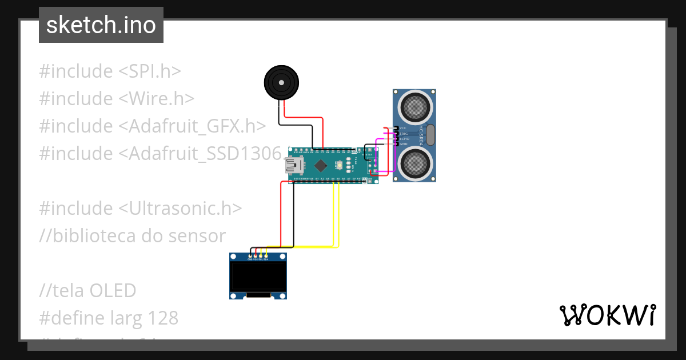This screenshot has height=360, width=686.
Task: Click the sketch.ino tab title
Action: [x=101, y=25]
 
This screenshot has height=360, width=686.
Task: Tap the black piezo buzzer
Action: [x=281, y=83]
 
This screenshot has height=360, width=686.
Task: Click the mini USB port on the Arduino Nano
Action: [x=294, y=166]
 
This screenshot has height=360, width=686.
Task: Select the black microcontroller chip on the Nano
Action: [x=321, y=166]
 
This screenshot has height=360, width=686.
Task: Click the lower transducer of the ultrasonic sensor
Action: [x=414, y=162]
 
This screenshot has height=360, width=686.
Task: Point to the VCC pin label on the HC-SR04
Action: [x=403, y=128]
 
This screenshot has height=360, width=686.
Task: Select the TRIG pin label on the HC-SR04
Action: [x=404, y=133]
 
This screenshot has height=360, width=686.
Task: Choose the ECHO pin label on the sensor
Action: [x=404, y=139]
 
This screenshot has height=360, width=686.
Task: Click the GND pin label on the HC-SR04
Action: [x=403, y=144]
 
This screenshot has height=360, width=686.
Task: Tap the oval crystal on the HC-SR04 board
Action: [x=430, y=135]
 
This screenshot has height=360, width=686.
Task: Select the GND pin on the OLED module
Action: [x=250, y=259]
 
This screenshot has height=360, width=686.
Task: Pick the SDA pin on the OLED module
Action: [x=266, y=259]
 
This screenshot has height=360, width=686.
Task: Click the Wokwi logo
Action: [x=607, y=315]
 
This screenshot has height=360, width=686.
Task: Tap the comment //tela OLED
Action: [x=87, y=291]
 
